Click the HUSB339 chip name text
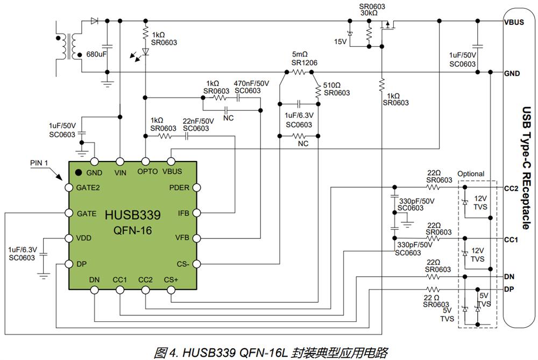pyautogui.click(x=132, y=215)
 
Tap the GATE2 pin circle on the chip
pyautogui.click(x=69, y=187)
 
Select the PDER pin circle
pyautogui.click(x=196, y=187)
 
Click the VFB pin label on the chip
pyautogui.click(x=182, y=237)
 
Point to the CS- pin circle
pyautogui.click(x=196, y=264)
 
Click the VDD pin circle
pyautogui.click(x=69, y=238)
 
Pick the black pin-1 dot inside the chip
pyautogui.click(x=79, y=172)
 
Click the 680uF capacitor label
pyautogui.click(x=96, y=54)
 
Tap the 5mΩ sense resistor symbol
pyautogui.click(x=299, y=72)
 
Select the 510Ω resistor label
pyautogui.click(x=332, y=85)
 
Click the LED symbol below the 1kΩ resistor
pyautogui.click(x=145, y=52)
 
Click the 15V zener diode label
pyautogui.click(x=341, y=41)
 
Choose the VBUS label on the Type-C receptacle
pyautogui.click(x=514, y=22)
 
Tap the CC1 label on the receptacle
pyautogui.click(x=511, y=239)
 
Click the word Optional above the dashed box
pyautogui.click(x=471, y=174)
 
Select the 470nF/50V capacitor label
pyautogui.click(x=251, y=83)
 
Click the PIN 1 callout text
pyautogui.click(x=39, y=163)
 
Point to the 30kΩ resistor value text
pyautogui.click(x=369, y=13)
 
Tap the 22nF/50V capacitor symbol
pyautogui.click(x=187, y=136)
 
